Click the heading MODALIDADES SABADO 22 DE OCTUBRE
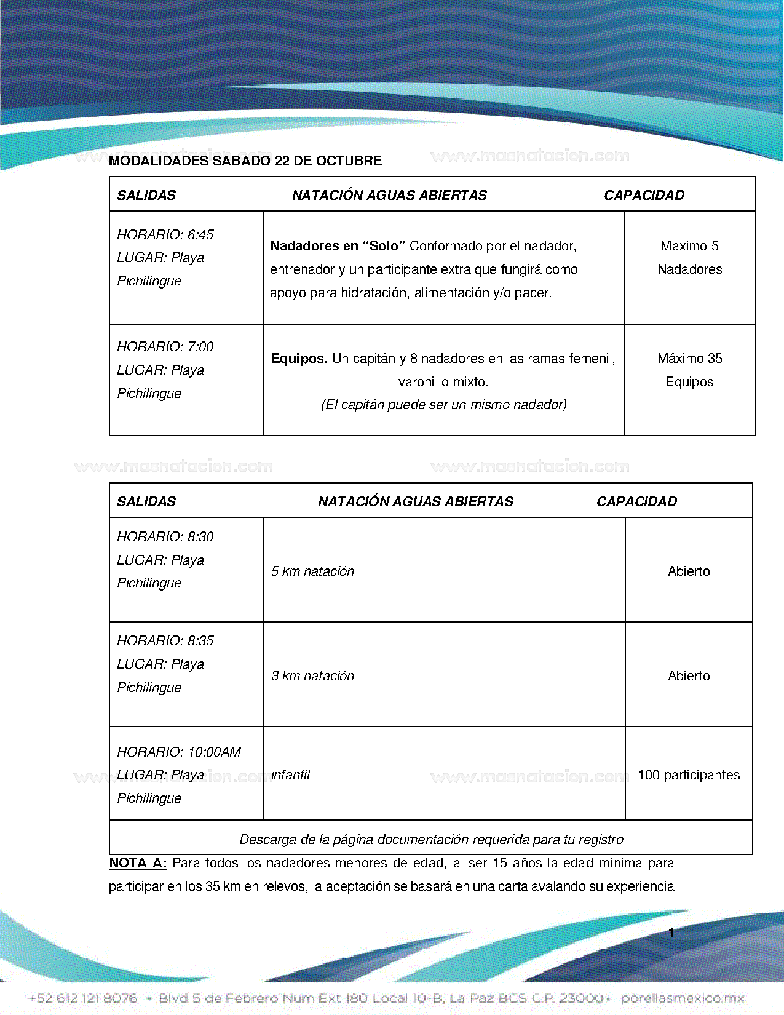click(x=245, y=161)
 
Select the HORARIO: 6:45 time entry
click(x=165, y=235)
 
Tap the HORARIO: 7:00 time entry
click(x=165, y=347)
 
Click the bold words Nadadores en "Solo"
click(x=338, y=246)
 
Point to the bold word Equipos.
click(x=299, y=359)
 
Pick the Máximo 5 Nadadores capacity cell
click(x=689, y=258)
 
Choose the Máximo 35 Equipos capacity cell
click(x=689, y=370)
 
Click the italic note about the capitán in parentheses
click(x=443, y=405)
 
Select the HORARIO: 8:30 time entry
click(x=165, y=537)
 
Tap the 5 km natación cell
click(x=312, y=571)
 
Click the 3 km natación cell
click(x=312, y=676)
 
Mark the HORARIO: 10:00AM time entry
click(x=179, y=752)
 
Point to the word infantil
click(x=290, y=775)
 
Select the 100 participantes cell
click(x=689, y=775)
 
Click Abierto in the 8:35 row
click(x=689, y=676)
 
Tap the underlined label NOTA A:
click(x=138, y=863)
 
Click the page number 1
click(x=671, y=933)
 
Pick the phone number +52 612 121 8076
click(x=83, y=998)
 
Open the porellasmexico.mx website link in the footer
click(x=683, y=998)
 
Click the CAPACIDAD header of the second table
click(x=636, y=502)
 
